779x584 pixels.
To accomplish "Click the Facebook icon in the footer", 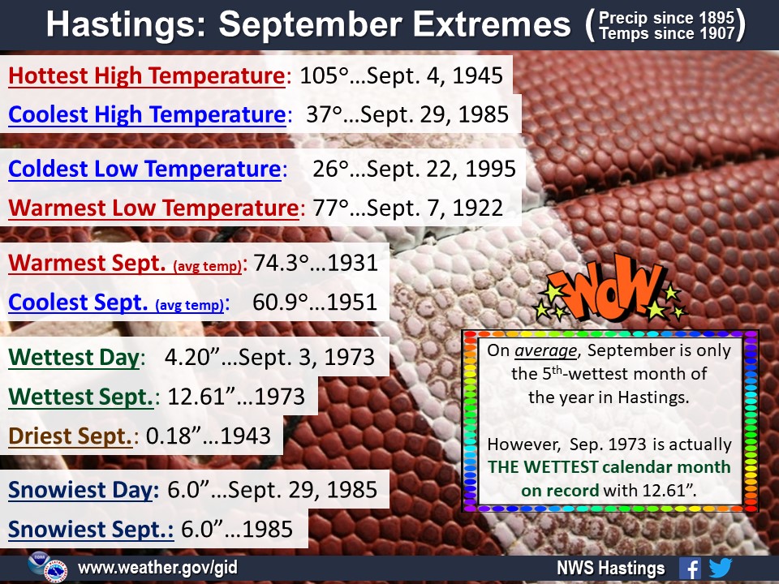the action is [x=690, y=568].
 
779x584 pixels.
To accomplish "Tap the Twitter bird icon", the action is [x=721, y=568].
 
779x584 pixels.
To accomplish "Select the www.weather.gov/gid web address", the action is [x=157, y=567].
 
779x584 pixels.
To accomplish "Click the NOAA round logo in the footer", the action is [x=38, y=563].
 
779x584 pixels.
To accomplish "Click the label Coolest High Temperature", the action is [x=147, y=114].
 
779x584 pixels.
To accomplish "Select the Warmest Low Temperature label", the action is [x=153, y=208].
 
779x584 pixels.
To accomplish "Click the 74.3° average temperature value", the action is [x=281, y=263].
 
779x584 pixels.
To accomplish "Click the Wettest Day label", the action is [x=74, y=358].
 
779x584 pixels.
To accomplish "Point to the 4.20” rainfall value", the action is [x=192, y=357].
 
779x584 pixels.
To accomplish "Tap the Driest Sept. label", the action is [x=70, y=436].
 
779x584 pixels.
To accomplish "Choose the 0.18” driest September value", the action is [x=174, y=436].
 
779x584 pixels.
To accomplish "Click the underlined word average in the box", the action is [x=545, y=351].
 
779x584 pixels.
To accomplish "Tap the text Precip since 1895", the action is [x=666, y=18].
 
